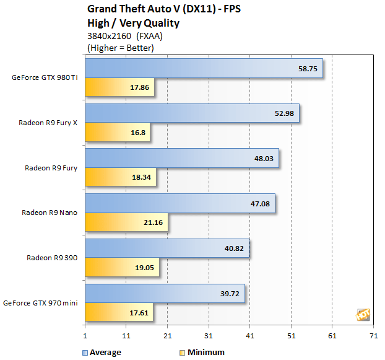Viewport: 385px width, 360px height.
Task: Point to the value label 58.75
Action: tap(308, 69)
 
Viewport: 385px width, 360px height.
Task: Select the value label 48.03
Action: tap(264, 159)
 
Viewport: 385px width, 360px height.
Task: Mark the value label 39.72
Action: tap(230, 294)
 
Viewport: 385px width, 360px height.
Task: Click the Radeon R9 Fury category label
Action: tap(51, 168)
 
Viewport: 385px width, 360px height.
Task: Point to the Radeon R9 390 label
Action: tap(52, 258)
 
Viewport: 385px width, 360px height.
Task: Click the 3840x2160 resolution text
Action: tap(108, 36)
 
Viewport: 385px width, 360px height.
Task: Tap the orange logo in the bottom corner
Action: tap(362, 315)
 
